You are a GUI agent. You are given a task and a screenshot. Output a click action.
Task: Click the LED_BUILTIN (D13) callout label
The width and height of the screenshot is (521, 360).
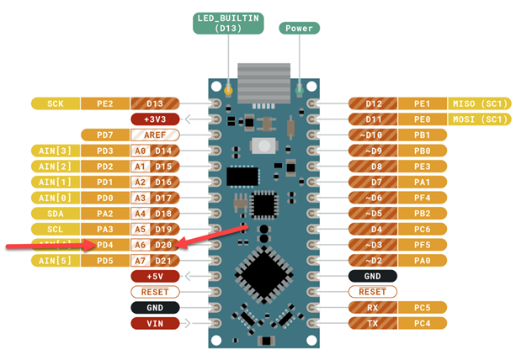[x=229, y=23]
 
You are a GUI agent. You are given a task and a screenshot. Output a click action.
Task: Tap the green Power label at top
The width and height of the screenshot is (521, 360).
[x=299, y=28]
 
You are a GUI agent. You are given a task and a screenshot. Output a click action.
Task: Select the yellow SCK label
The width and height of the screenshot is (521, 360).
[x=56, y=103]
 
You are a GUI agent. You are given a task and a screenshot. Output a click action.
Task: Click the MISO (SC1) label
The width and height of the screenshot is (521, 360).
[x=481, y=103]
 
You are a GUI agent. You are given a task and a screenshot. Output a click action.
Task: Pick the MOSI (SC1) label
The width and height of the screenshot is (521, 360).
[x=481, y=119]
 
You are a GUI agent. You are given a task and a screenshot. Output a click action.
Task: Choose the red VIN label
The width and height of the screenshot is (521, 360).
[x=155, y=323]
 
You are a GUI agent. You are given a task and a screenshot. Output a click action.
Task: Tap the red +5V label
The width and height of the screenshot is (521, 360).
[x=155, y=276]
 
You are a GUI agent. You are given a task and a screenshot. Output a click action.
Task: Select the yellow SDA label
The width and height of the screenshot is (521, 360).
[x=56, y=214]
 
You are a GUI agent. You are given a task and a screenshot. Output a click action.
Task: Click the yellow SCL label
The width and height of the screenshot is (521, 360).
[x=56, y=229]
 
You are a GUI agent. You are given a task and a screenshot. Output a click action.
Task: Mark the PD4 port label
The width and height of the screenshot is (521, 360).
[x=105, y=245]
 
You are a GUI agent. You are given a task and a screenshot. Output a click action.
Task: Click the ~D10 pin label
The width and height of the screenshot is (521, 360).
[x=374, y=135]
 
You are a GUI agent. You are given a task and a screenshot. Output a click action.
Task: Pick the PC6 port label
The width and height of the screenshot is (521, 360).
[x=423, y=229]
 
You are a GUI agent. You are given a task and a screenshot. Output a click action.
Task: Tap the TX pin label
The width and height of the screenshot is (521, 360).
[x=374, y=323]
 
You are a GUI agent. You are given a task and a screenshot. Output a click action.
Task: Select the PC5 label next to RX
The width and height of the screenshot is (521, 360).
[x=423, y=307]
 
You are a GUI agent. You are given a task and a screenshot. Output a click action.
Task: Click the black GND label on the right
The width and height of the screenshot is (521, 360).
[x=374, y=276]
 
